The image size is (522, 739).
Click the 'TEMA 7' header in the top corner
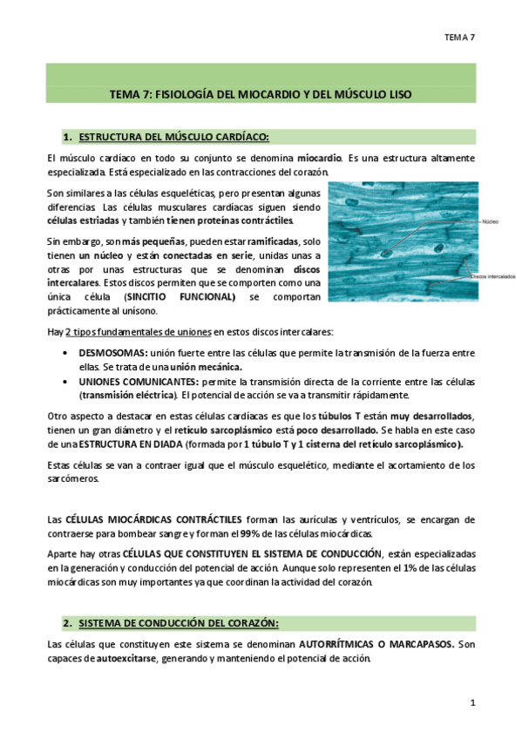[x=458, y=37]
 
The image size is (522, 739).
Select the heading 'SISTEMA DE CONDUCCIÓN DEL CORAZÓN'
[x=179, y=623]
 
